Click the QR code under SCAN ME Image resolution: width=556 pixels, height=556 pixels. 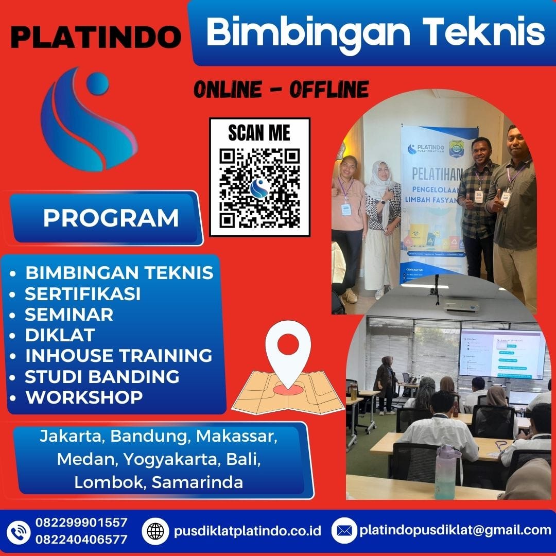pyautogui.click(x=259, y=188)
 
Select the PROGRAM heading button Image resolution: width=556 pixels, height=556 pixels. pyautogui.click(x=111, y=218)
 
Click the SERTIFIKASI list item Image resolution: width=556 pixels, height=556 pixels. pyautogui.click(x=82, y=293)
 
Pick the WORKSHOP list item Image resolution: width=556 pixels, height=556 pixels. pyautogui.click(x=84, y=397)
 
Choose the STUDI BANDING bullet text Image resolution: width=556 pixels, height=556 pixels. pyautogui.click(x=102, y=376)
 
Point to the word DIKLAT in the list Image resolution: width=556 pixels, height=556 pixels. pyautogui.click(x=60, y=335)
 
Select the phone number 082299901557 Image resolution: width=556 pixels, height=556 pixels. pyautogui.click(x=81, y=523)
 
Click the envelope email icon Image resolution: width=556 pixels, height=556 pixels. pyautogui.click(x=344, y=531)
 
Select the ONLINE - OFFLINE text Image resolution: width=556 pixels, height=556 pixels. pyautogui.click(x=281, y=90)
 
